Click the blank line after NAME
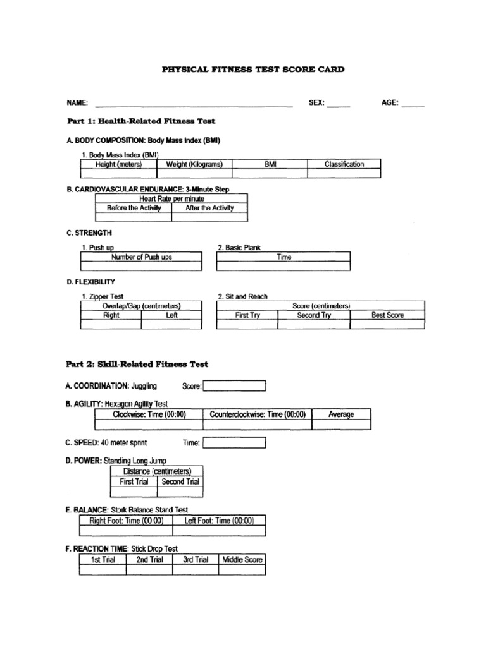point(193,104)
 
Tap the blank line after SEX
point(339,104)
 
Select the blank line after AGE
point(413,104)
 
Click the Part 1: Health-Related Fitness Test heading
point(141,121)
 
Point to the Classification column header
point(344,164)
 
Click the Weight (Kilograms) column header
point(194,164)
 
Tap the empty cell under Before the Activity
point(133,217)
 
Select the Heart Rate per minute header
point(171,198)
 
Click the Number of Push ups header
point(141,257)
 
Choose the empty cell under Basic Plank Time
point(283,267)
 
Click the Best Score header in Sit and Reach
point(387,315)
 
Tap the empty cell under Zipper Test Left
point(171,325)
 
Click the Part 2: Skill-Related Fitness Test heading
point(137,365)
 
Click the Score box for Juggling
point(234,386)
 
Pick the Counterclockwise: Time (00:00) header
point(258,414)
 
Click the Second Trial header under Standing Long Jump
point(180,481)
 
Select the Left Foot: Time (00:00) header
point(218,521)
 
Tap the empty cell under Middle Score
point(242,570)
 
